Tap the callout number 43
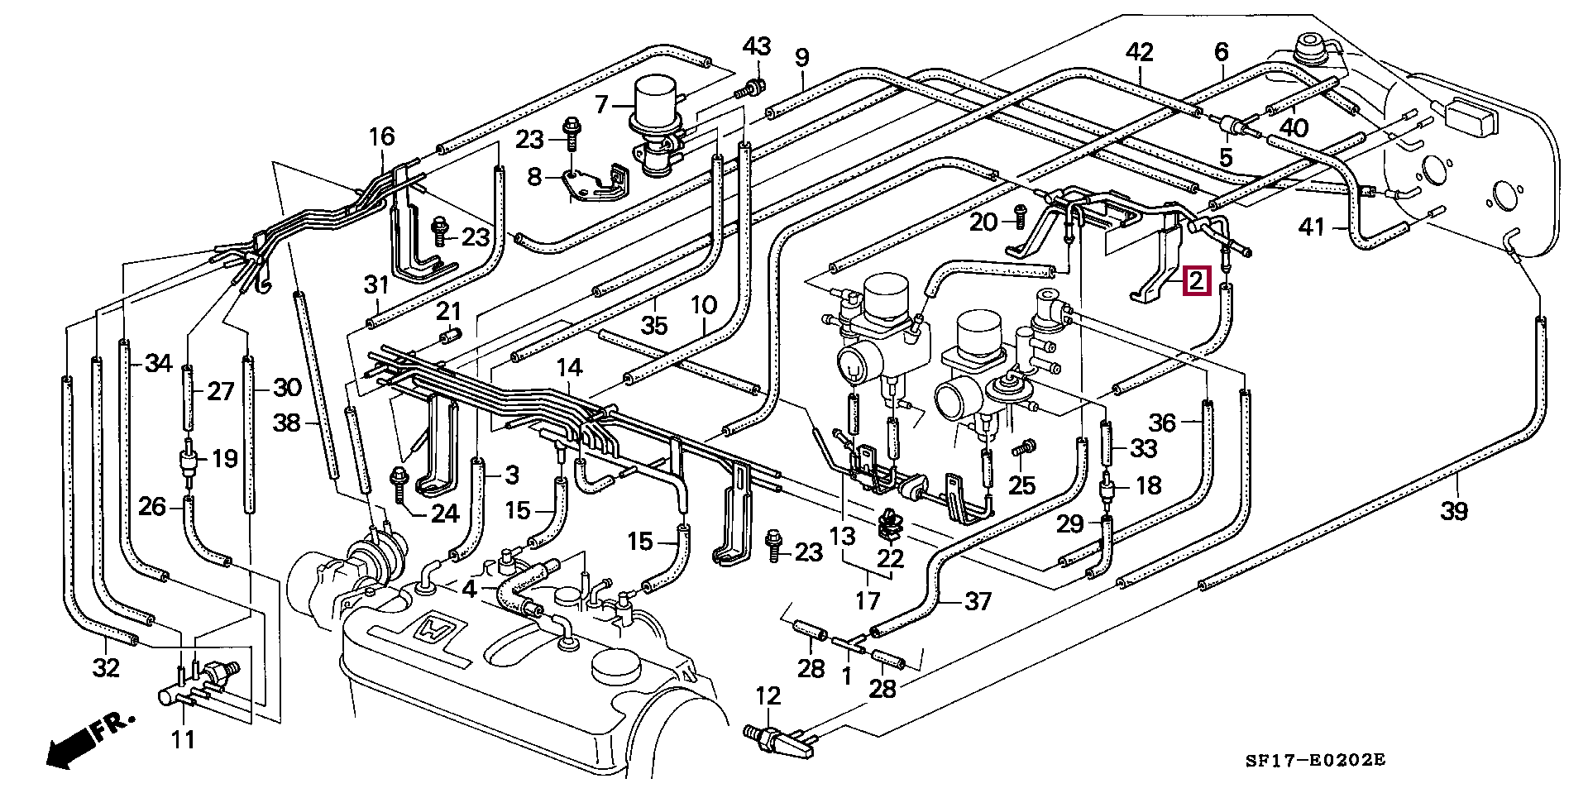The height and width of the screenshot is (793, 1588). (756, 46)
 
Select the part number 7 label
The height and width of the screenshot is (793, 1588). (601, 104)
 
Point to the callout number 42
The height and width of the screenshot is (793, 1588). (1139, 52)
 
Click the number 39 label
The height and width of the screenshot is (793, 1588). (1453, 511)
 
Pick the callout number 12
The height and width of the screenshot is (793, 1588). (768, 695)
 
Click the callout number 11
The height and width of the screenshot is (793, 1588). (183, 738)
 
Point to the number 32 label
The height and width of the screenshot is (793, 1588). (106, 667)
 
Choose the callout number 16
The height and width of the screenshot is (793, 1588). (381, 136)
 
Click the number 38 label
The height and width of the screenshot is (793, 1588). (287, 423)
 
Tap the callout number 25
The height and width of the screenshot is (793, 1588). (1021, 485)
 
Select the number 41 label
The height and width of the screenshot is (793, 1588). (1312, 227)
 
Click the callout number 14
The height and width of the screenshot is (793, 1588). (569, 368)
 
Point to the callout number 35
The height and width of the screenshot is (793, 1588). (653, 325)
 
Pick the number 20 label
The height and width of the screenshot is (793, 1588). (983, 222)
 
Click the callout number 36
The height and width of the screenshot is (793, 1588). (1162, 423)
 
